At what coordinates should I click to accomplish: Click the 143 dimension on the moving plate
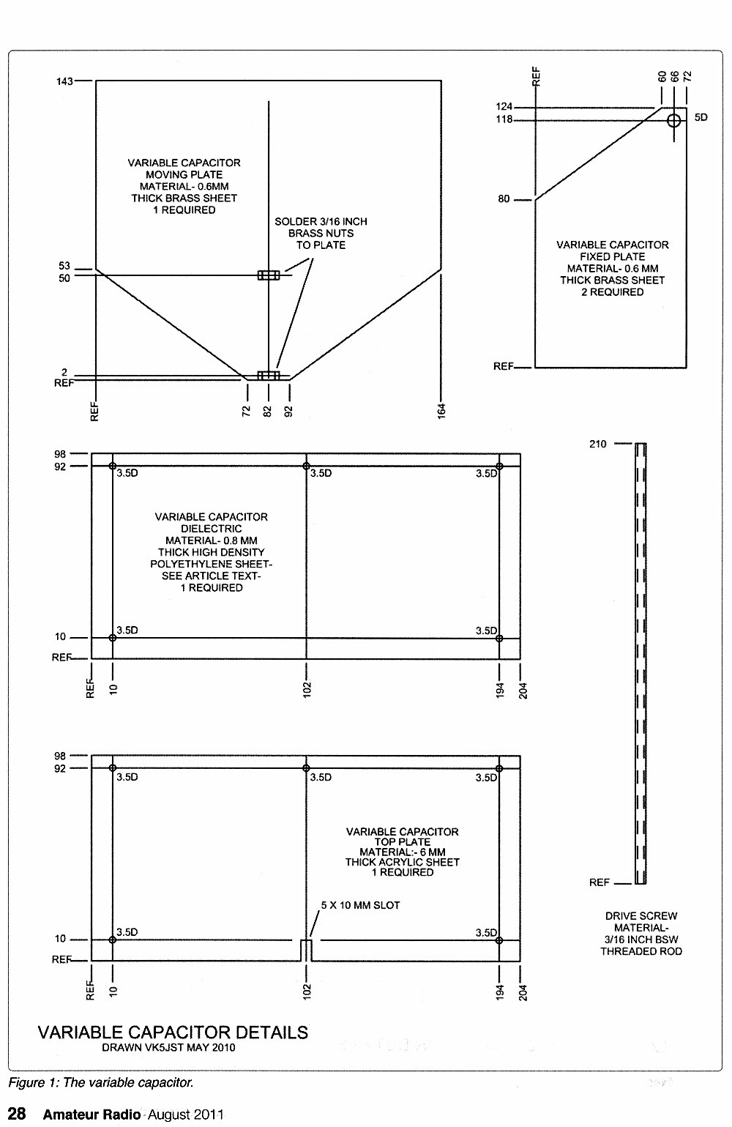64,81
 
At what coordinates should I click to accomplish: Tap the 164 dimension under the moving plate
441,410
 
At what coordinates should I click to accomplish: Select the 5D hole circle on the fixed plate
673,120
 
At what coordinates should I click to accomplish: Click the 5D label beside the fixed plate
701,117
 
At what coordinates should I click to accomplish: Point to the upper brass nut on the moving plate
269,275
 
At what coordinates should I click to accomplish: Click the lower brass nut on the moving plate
269,376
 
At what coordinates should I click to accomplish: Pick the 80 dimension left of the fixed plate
504,199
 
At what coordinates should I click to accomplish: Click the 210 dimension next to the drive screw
597,444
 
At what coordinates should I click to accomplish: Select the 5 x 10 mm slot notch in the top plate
306,950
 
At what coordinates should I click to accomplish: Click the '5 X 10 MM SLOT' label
360,905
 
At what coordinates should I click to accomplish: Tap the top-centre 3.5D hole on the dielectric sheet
306,466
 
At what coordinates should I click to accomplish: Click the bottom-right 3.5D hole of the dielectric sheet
499,639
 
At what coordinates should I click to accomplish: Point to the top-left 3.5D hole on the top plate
113,767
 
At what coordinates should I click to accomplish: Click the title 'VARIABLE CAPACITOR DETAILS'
173,1033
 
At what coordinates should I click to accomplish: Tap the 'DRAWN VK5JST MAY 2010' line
168,1047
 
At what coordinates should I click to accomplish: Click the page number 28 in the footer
17,1113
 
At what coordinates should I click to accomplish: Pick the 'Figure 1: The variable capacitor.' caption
100,1083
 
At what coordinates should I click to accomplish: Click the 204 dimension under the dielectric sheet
523,691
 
